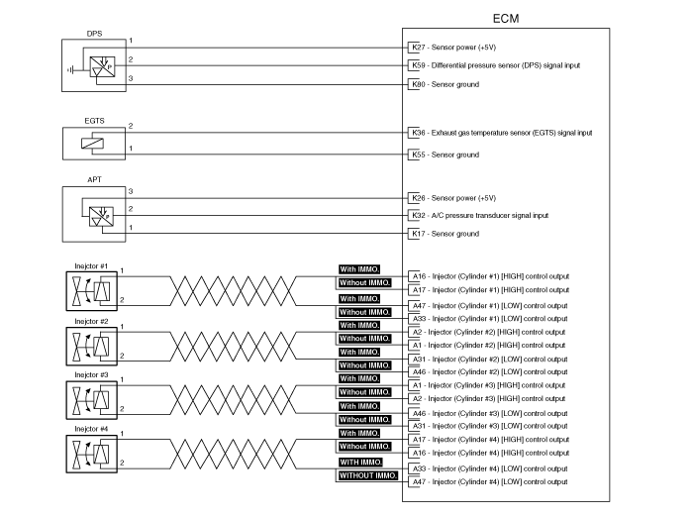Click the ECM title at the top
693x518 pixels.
coord(506,19)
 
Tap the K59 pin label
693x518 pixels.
coord(418,65)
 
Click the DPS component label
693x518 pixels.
coord(94,34)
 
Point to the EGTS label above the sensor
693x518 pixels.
coord(94,121)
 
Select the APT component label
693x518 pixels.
coord(94,179)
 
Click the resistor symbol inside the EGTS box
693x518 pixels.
coord(92,144)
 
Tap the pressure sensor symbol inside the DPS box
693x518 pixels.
coord(102,66)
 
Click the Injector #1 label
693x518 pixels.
coord(91,266)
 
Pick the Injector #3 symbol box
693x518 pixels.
coord(91,400)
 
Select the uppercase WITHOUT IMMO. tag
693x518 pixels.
coord(368,475)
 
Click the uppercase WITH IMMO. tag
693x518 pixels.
coord(360,462)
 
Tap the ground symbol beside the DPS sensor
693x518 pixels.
coord(70,70)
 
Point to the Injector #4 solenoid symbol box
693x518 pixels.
coord(91,454)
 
